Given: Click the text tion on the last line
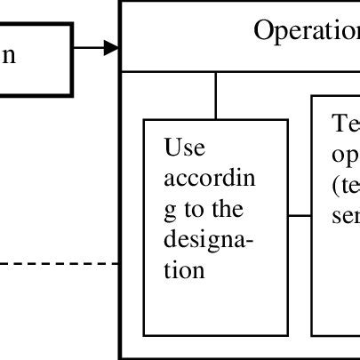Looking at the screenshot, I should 185,270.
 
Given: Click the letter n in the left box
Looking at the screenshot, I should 8,55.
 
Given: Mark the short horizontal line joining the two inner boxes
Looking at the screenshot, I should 300,214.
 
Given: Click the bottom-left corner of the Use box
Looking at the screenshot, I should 144,336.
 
